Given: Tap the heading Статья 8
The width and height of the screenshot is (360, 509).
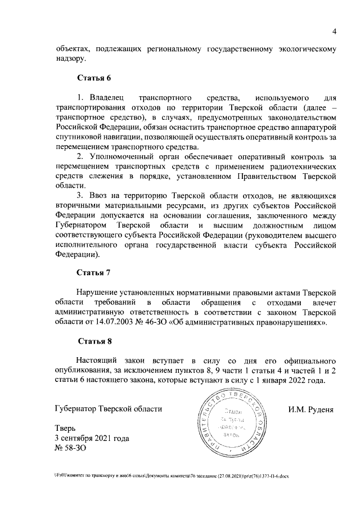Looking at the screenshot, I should pyautogui.click(x=95, y=340).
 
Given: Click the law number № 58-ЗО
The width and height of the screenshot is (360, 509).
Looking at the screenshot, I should pyautogui.click(x=76, y=448).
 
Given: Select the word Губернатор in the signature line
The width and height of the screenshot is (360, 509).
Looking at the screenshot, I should pyautogui.click(x=75, y=409).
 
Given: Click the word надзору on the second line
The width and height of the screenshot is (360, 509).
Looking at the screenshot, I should pyautogui.click(x=71, y=58).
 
